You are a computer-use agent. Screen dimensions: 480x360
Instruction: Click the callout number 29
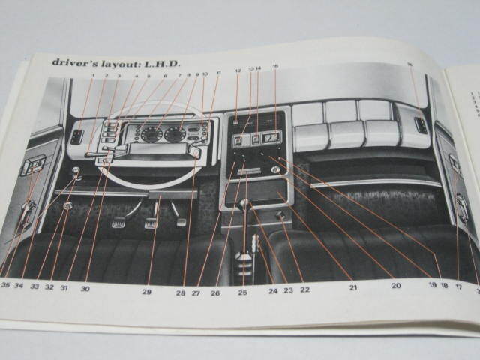coord(147,292)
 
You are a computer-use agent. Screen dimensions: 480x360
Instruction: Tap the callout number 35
coord(5,285)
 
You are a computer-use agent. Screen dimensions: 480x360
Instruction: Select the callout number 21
coord(352,286)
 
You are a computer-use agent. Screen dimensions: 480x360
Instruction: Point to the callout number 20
coord(396,285)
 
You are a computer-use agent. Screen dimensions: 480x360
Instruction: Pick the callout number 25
coord(242,292)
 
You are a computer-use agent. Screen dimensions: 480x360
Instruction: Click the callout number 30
coord(85,288)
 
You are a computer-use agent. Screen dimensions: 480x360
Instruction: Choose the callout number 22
coord(304,289)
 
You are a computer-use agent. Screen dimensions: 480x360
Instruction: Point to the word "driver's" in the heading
coord(79,61)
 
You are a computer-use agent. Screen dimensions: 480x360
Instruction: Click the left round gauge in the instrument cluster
coord(151,134)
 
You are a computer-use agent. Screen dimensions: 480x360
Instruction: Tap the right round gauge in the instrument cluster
coord(175,134)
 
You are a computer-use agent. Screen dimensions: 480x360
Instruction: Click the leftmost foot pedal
coord(119,223)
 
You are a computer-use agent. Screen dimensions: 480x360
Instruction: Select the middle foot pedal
coord(151,223)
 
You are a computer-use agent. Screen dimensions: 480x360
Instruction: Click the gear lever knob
coord(244,205)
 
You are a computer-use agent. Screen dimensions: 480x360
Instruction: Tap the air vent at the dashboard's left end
coord(76,137)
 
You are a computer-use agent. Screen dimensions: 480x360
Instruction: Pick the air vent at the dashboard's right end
coord(421,125)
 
